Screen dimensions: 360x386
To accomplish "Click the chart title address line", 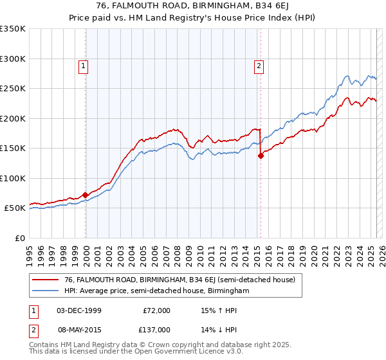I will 193,7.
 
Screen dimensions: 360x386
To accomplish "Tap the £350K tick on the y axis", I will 13,29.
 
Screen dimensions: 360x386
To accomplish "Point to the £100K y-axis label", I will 13,178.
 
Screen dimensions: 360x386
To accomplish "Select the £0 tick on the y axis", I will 19,238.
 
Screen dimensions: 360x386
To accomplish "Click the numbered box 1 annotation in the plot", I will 84,65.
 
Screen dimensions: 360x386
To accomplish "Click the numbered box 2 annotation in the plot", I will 259,65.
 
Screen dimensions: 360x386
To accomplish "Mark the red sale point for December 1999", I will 86,194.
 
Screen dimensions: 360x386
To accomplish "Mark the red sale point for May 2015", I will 261,156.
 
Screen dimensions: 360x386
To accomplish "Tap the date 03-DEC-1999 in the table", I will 79,310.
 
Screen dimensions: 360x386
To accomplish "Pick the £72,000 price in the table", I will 156,310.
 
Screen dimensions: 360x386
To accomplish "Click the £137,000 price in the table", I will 156,329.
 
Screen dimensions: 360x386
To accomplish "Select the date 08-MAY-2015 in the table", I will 79,329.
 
